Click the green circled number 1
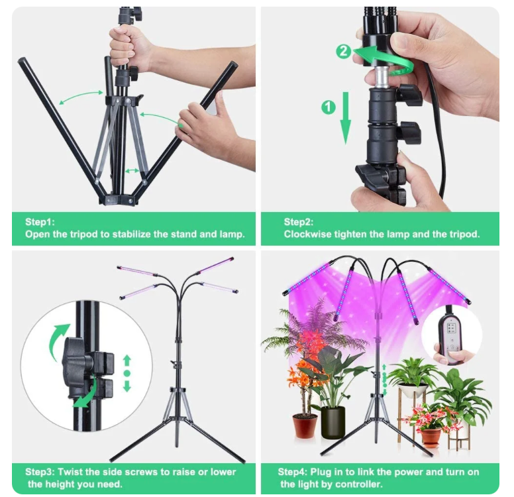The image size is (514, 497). pyautogui.click(x=328, y=107)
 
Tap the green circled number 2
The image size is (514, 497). pyautogui.click(x=344, y=51)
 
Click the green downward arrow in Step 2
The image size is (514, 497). pyautogui.click(x=345, y=118)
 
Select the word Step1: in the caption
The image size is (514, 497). pyautogui.click(x=40, y=222)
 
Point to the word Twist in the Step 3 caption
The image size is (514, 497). pyautogui.click(x=70, y=472)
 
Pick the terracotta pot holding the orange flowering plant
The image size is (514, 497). pyautogui.click(x=305, y=425)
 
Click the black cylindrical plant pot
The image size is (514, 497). pyautogui.click(x=333, y=423)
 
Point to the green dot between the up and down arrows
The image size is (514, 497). pyautogui.click(x=127, y=373)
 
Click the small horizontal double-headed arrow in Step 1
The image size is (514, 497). pyautogui.click(x=132, y=170)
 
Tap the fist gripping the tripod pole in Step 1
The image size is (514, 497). pyautogui.click(x=127, y=46)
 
